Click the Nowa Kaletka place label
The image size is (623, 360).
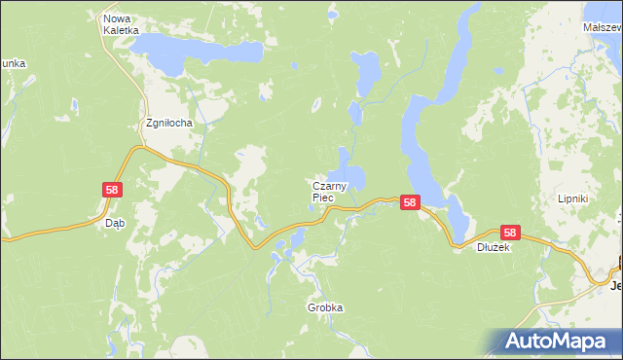coord(118,24)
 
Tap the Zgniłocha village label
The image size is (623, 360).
coord(169,124)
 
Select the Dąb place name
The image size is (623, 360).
coord(115,223)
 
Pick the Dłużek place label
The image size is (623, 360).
coord(494,247)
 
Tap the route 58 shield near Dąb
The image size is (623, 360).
coord(112,191)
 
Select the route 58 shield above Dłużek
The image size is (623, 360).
coord(511,233)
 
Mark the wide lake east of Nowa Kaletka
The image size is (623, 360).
coord(195,49)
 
